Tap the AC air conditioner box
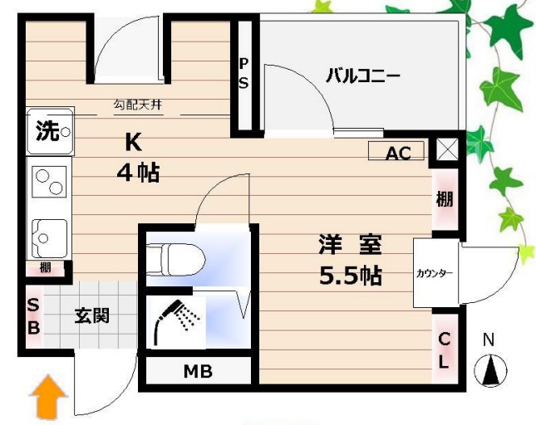point(397,153)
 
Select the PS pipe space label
point(244,73)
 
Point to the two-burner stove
point(49,182)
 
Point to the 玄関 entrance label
point(91,316)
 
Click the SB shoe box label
point(32,317)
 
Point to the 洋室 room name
point(349,246)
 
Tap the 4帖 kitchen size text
point(136,173)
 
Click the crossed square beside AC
point(446,149)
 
